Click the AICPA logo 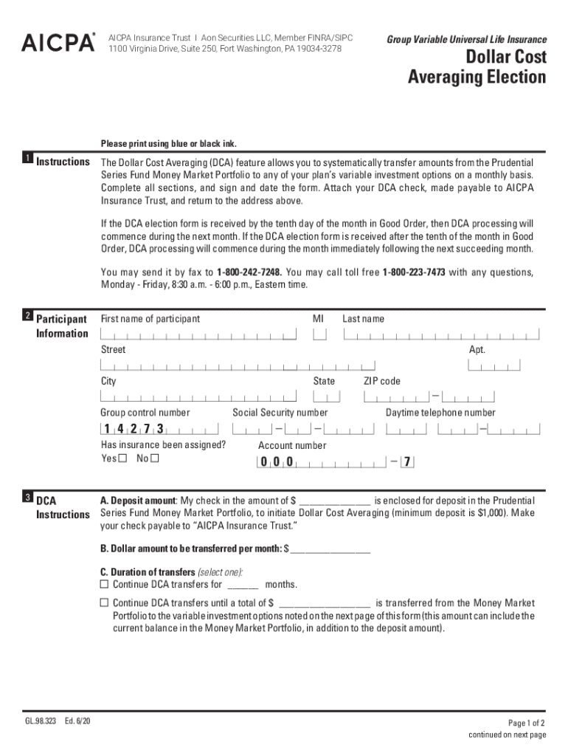58,43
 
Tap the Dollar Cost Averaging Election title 477,67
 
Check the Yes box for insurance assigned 122,458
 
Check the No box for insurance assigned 154,458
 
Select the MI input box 319,334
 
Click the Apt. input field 493,365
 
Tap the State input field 326,396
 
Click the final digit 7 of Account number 406,462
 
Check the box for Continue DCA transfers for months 104,584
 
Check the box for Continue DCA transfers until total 104,602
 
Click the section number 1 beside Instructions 27,159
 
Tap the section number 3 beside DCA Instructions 27,497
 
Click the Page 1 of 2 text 527,723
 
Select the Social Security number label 280,413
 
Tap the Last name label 363,319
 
